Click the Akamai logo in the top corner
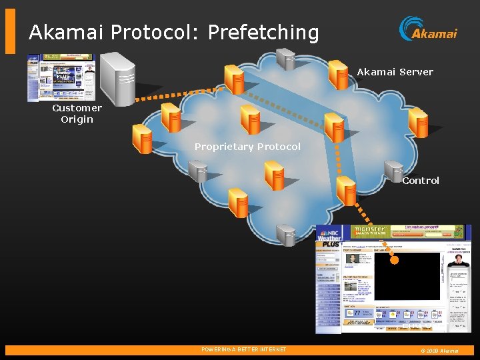click(428, 29)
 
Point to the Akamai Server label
click(395, 72)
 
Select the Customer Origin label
click(77, 113)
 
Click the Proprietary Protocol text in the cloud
click(247, 147)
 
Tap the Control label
click(421, 181)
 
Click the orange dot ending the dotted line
click(394, 260)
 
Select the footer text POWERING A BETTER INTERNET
click(244, 350)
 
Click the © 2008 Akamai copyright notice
click(439, 351)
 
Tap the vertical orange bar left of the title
click(10, 31)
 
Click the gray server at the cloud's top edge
click(286, 59)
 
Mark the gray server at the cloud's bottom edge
click(286, 235)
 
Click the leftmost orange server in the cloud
click(142, 139)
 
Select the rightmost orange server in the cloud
click(419, 122)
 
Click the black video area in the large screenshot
click(408, 276)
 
